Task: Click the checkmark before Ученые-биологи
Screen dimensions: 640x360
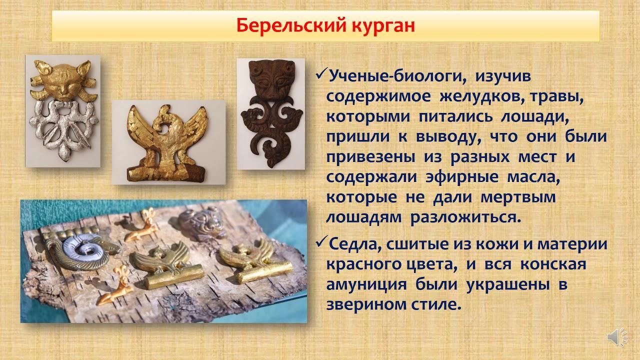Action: click(x=321, y=75)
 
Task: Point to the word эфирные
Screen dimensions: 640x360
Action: click(x=462, y=177)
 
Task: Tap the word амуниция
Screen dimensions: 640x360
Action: click(x=366, y=285)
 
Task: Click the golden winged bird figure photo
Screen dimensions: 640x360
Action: click(x=168, y=143)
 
